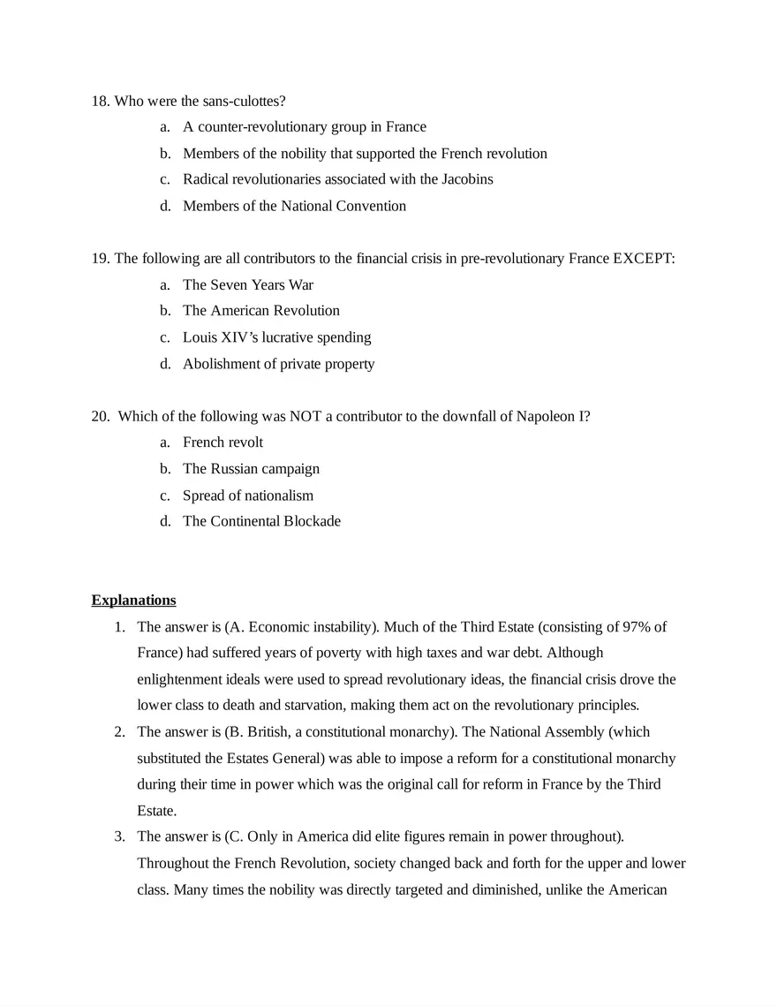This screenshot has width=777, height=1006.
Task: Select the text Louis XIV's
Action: [220, 337]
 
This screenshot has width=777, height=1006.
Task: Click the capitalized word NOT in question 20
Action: [305, 416]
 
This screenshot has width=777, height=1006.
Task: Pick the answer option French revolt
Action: [223, 442]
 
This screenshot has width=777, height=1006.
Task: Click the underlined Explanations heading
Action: [133, 601]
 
